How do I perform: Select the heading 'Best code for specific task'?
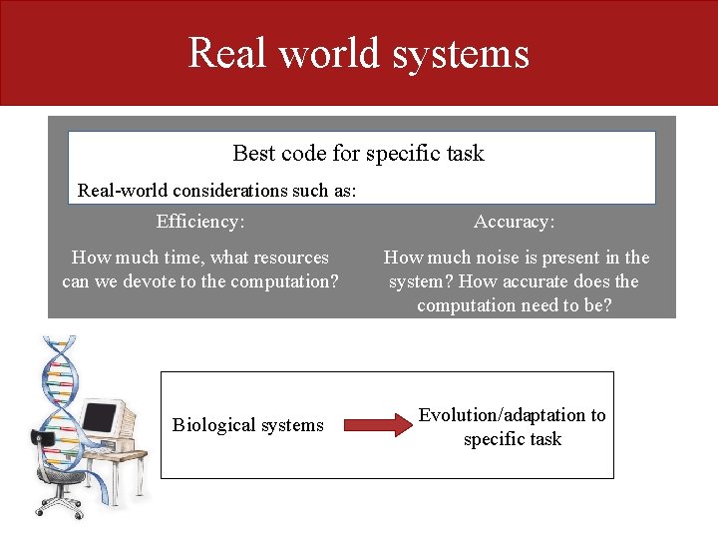[x=358, y=153]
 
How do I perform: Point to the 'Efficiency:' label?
[x=200, y=222]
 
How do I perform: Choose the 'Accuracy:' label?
[x=515, y=222]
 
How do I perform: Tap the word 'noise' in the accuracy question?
[x=503, y=258]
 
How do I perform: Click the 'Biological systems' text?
[x=247, y=425]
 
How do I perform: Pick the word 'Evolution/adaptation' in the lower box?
[x=502, y=415]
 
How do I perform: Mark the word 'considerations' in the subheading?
[x=225, y=190]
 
